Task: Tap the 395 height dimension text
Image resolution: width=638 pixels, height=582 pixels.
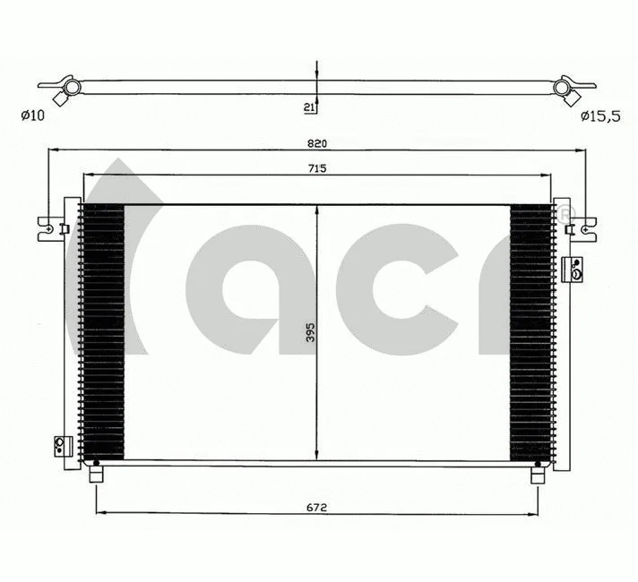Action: tap(309, 332)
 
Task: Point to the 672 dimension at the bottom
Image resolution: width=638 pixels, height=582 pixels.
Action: tap(316, 507)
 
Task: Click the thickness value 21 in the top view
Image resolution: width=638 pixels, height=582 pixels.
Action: tap(308, 107)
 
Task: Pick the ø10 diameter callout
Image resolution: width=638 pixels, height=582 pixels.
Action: tap(31, 116)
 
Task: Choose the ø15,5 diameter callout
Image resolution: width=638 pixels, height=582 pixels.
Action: tap(598, 116)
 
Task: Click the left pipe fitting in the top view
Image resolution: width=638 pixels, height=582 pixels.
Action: tap(69, 88)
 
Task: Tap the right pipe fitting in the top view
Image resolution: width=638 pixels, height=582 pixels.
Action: tap(565, 88)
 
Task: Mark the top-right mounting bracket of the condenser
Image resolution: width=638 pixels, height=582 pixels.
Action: tap(584, 227)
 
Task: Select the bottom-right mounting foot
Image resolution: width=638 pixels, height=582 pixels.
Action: tap(538, 474)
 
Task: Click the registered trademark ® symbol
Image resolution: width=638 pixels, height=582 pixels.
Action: tap(565, 215)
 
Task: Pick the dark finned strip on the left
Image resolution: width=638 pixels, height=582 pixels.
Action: tap(101, 331)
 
